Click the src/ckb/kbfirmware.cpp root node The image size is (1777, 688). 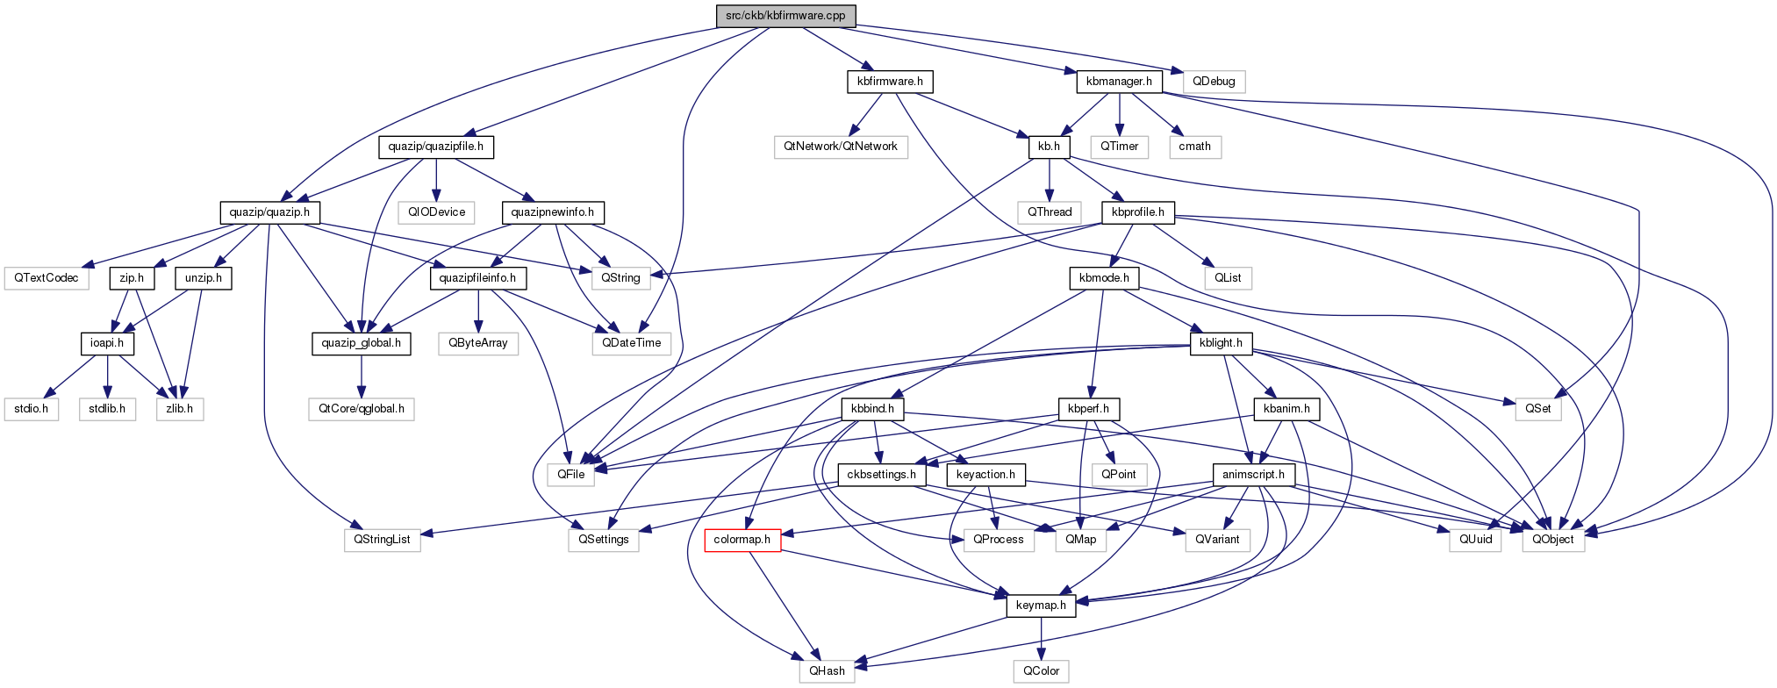coord(785,16)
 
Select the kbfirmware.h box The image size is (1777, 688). coord(890,82)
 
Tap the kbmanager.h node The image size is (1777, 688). coord(1119,82)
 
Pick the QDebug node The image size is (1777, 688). coord(1214,82)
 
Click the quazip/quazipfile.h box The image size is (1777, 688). coord(436,147)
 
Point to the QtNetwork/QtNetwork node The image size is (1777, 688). coord(841,147)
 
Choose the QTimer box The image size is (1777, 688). coord(1120,147)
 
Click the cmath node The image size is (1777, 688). coord(1194,147)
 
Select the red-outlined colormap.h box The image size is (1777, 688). coord(742,540)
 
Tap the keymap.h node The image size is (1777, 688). coord(1041,606)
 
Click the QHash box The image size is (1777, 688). coord(827,671)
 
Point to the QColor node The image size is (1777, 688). coord(1041,671)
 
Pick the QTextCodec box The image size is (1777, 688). coord(47,278)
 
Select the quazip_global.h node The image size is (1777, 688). coord(361,343)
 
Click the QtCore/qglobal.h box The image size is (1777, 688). coord(361,409)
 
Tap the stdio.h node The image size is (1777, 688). coord(32,409)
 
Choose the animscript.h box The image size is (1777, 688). coord(1253,475)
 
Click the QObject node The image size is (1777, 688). coord(1553,540)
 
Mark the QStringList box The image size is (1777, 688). coord(382,540)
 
